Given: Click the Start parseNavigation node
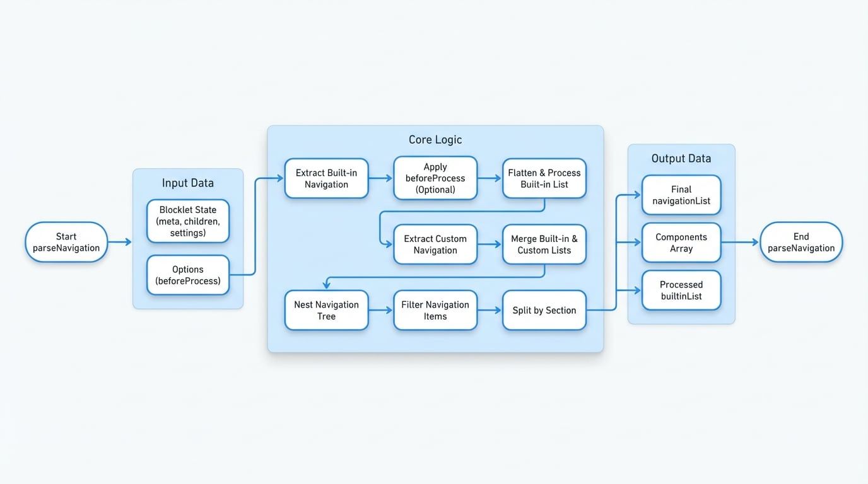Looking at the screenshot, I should (x=66, y=242).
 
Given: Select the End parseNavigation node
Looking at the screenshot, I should (x=801, y=242).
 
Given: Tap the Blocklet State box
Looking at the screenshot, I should (x=188, y=221).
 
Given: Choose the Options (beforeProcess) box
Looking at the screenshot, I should (x=188, y=275).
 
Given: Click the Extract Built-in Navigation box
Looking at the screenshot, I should (x=326, y=178).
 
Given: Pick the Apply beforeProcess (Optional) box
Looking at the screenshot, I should (x=435, y=178).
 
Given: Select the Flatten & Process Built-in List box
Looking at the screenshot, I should (x=544, y=178).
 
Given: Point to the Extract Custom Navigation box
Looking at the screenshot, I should (x=435, y=244).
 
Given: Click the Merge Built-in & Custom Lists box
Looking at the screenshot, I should (x=544, y=244).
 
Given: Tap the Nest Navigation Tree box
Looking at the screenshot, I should (x=326, y=310).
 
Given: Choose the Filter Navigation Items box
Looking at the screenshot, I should (x=435, y=310).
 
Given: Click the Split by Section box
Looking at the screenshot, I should (x=544, y=310).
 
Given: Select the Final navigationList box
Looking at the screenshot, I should (x=681, y=195).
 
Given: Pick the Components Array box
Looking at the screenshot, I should (x=681, y=243).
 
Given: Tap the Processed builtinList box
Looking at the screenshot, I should (x=681, y=290).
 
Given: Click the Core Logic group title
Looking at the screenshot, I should (x=435, y=139).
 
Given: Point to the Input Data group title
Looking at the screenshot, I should (x=188, y=183).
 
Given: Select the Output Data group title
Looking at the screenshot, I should (x=681, y=158).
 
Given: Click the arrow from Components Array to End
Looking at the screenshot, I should (x=740, y=242).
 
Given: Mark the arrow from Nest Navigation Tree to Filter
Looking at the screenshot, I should (x=380, y=310).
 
